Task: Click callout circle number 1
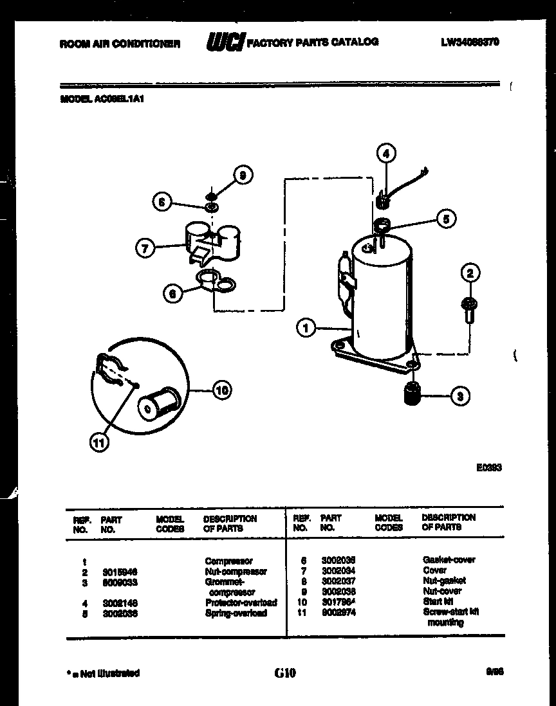(306, 329)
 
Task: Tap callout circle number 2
(470, 273)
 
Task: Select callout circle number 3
(459, 396)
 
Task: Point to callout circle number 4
(385, 154)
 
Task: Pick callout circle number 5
(445, 218)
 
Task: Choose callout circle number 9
(243, 174)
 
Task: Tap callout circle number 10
(221, 390)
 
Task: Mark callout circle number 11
(100, 443)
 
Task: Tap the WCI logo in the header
(224, 42)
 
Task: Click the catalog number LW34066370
(470, 42)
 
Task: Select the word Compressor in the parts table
(228, 561)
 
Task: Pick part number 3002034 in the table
(338, 570)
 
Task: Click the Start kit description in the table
(438, 601)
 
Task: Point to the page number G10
(284, 673)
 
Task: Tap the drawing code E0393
(488, 468)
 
